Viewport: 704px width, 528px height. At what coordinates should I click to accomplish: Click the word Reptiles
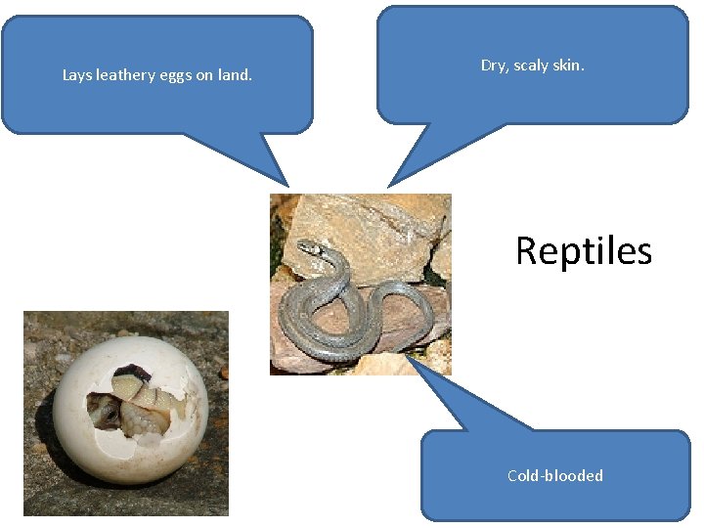584,251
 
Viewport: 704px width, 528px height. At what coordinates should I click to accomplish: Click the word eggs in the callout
176,75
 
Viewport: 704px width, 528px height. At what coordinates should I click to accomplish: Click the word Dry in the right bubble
493,66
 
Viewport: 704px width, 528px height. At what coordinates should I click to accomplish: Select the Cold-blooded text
555,476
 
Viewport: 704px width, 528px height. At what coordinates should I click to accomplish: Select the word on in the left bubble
203,75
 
